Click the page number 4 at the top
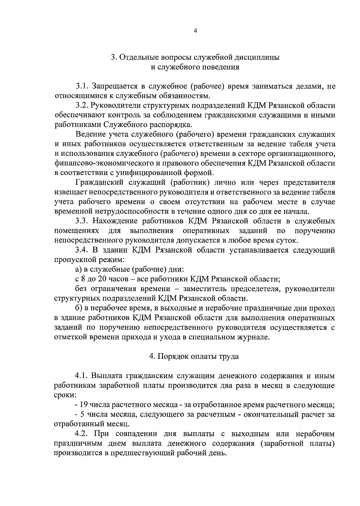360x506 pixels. (195, 31)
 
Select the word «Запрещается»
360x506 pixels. (115, 86)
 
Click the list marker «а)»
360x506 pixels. (78, 269)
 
